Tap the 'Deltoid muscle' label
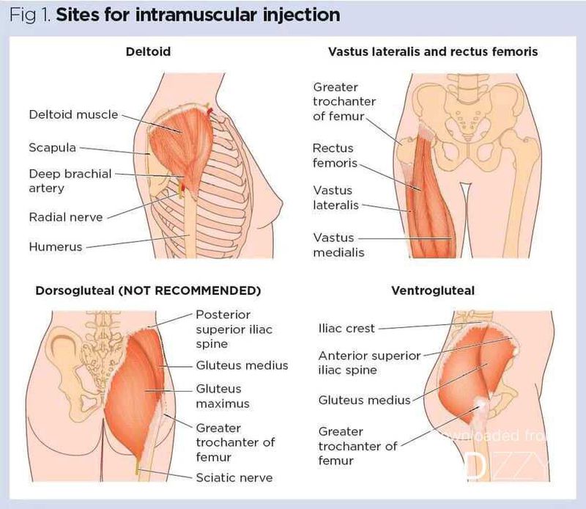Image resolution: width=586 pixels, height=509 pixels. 73,114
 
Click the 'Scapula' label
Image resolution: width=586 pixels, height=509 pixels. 52,147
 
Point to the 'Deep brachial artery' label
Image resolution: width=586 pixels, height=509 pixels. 70,181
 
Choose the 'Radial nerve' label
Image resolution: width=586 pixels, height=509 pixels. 66,217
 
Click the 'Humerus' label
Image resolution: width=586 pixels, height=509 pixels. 55,247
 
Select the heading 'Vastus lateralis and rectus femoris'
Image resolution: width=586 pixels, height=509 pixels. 433,52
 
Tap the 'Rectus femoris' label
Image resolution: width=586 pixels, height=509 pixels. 335,155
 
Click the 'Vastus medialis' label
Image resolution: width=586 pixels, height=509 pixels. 338,245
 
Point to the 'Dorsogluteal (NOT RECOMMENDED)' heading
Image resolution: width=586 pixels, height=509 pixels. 148,290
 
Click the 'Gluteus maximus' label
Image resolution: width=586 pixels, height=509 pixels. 223,396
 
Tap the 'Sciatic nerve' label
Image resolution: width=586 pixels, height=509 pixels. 234,477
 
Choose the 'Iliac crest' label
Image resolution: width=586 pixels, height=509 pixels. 346,329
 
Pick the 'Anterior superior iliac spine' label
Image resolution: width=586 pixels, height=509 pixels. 369,362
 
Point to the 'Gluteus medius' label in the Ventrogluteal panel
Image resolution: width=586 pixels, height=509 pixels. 364,400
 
